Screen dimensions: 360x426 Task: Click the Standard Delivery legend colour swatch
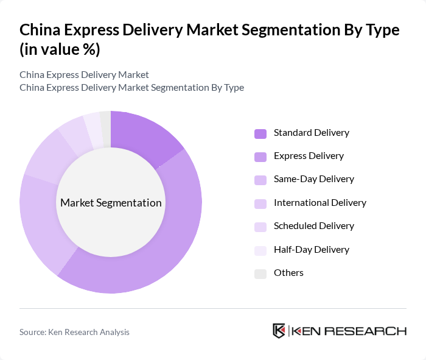click(x=260, y=133)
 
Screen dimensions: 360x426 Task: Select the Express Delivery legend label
click(x=309, y=156)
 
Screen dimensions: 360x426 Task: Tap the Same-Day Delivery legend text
click(x=313, y=179)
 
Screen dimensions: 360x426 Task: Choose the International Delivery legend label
click(x=320, y=202)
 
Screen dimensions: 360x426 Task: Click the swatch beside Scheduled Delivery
click(x=260, y=227)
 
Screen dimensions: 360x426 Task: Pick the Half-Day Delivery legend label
click(x=312, y=249)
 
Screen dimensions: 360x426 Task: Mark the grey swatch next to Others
click(x=260, y=274)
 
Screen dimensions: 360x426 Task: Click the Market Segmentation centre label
click(x=111, y=203)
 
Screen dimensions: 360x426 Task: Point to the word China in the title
click(x=39, y=30)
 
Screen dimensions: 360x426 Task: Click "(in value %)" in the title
click(x=60, y=50)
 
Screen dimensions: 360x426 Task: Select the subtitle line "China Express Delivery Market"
click(x=84, y=75)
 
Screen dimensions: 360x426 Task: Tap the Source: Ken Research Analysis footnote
click(x=74, y=332)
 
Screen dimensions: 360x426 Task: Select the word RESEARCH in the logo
click(x=371, y=331)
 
